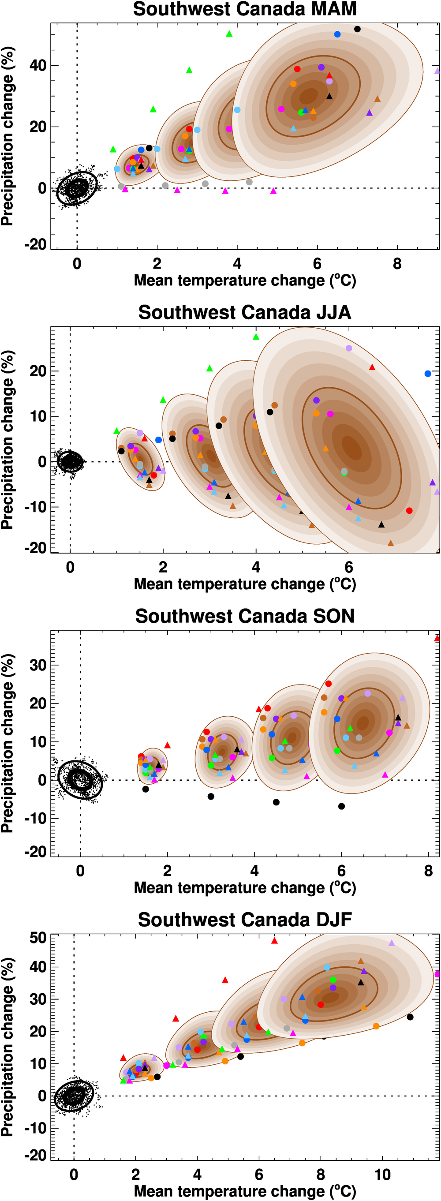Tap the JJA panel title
(244, 312)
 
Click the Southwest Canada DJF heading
(244, 920)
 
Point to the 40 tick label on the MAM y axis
(38, 65)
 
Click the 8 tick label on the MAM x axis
(397, 264)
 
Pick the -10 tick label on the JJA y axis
(35, 507)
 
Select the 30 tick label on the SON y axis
(38, 665)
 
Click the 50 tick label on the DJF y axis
(38, 938)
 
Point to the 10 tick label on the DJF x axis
(382, 1175)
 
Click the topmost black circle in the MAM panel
(358, 29)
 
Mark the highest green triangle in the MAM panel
(229, 34)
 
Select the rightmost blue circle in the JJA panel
(428, 374)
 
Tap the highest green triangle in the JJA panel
(255, 337)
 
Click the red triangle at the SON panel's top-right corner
(437, 638)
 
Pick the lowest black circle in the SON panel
(342, 806)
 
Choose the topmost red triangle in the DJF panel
(275, 941)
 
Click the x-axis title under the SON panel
(244, 888)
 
